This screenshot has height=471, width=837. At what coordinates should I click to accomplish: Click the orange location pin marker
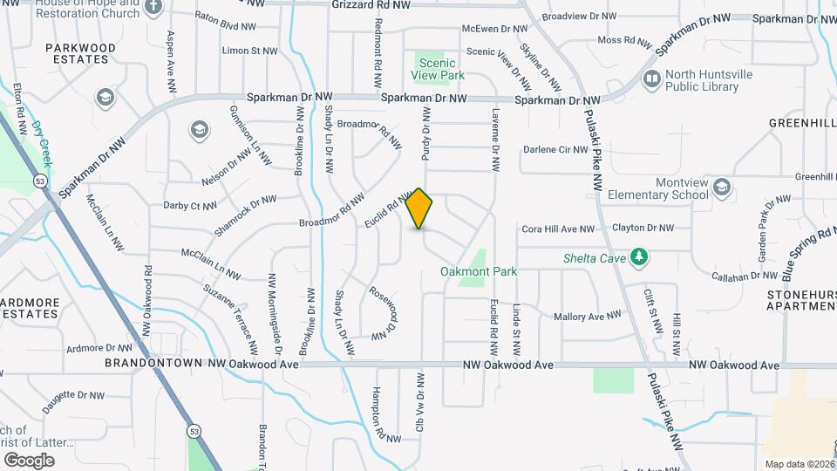click(x=419, y=208)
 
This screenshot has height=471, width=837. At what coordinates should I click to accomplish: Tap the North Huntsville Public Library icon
click(x=651, y=79)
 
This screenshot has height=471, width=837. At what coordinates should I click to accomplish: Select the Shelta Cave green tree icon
click(x=640, y=256)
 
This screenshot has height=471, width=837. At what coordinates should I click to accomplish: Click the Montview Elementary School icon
click(x=721, y=188)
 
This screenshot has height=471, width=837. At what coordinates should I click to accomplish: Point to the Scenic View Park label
click(x=440, y=70)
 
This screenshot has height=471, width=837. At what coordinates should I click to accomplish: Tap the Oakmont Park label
click(x=479, y=271)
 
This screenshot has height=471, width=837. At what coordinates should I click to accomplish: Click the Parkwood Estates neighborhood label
click(x=79, y=53)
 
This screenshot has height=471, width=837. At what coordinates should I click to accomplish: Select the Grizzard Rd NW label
click(x=371, y=5)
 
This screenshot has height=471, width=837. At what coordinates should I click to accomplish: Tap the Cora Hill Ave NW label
click(x=557, y=229)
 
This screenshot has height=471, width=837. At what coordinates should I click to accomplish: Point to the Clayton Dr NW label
click(x=643, y=229)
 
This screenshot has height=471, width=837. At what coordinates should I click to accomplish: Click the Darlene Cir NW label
click(x=555, y=149)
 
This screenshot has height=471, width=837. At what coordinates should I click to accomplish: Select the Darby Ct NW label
click(x=189, y=207)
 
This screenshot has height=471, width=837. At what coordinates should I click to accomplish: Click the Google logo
click(x=29, y=460)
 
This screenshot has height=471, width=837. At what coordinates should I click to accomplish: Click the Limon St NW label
click(x=249, y=51)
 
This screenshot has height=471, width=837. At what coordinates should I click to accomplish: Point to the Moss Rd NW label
click(x=624, y=40)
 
